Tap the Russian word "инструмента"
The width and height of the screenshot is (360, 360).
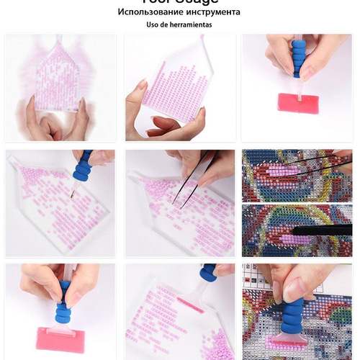click(x=212, y=12)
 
